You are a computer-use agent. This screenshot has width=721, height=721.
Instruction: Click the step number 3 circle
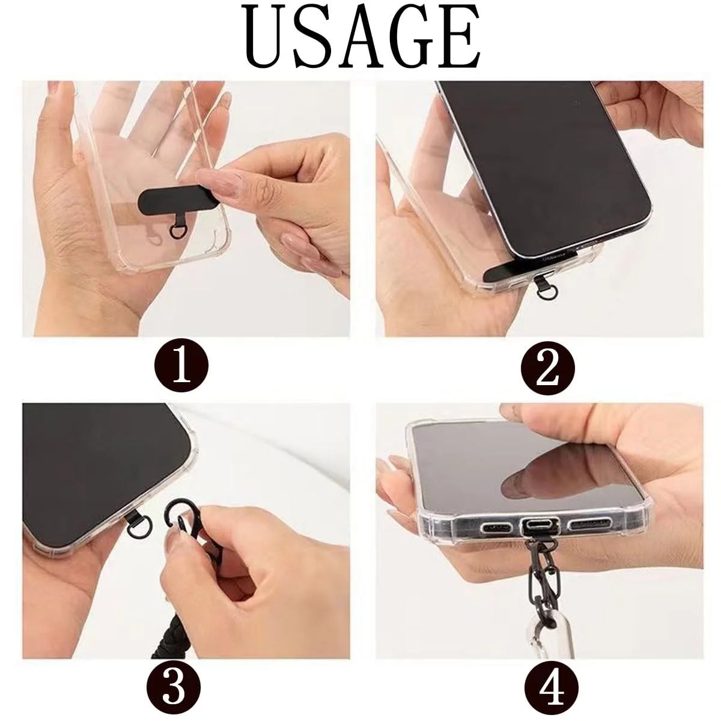(174, 685)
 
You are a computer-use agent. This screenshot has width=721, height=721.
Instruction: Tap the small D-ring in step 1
(175, 231)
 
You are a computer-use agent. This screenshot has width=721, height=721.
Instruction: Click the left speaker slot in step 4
(496, 528)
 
